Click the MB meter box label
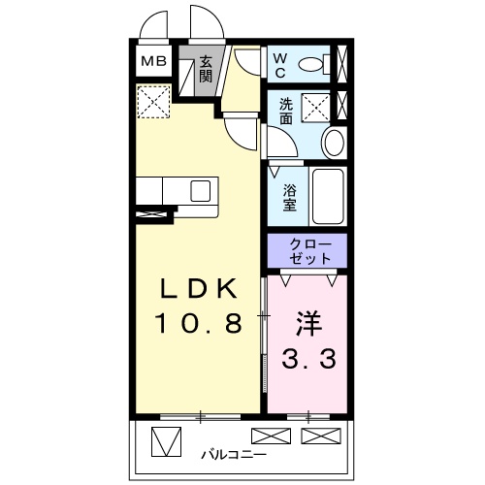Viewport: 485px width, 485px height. coord(153,62)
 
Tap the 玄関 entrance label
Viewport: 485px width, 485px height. coord(206,70)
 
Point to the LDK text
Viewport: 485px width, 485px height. coord(199,288)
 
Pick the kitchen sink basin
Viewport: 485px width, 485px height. coord(201,190)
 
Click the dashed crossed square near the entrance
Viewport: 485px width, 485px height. coord(152,101)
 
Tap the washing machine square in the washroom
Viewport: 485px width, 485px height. coord(315,106)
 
